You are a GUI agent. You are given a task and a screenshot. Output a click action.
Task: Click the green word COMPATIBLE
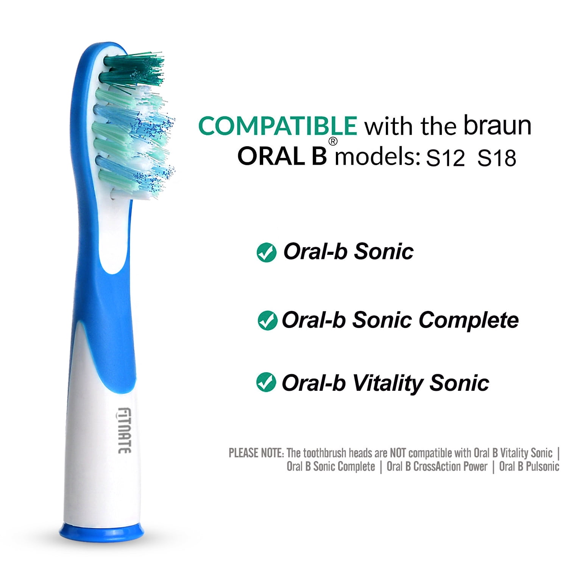[277, 126]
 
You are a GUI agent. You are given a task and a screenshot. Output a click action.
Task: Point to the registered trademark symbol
[332, 142]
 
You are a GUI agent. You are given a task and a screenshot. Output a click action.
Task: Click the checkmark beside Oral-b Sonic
[266, 253]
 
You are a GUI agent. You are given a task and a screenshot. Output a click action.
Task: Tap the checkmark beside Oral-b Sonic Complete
[267, 321]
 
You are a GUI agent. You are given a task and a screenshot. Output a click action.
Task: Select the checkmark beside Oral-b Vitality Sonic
[266, 382]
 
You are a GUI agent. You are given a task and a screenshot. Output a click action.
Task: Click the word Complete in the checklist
[468, 320]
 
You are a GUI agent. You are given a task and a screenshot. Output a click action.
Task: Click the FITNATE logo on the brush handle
[124, 430]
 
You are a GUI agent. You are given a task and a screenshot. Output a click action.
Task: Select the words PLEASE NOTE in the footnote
[256, 453]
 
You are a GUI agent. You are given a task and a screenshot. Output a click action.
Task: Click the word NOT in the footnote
[398, 453]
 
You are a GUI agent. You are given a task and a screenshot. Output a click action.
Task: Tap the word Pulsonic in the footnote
[543, 467]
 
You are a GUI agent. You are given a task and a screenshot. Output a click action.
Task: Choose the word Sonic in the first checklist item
[384, 251]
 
